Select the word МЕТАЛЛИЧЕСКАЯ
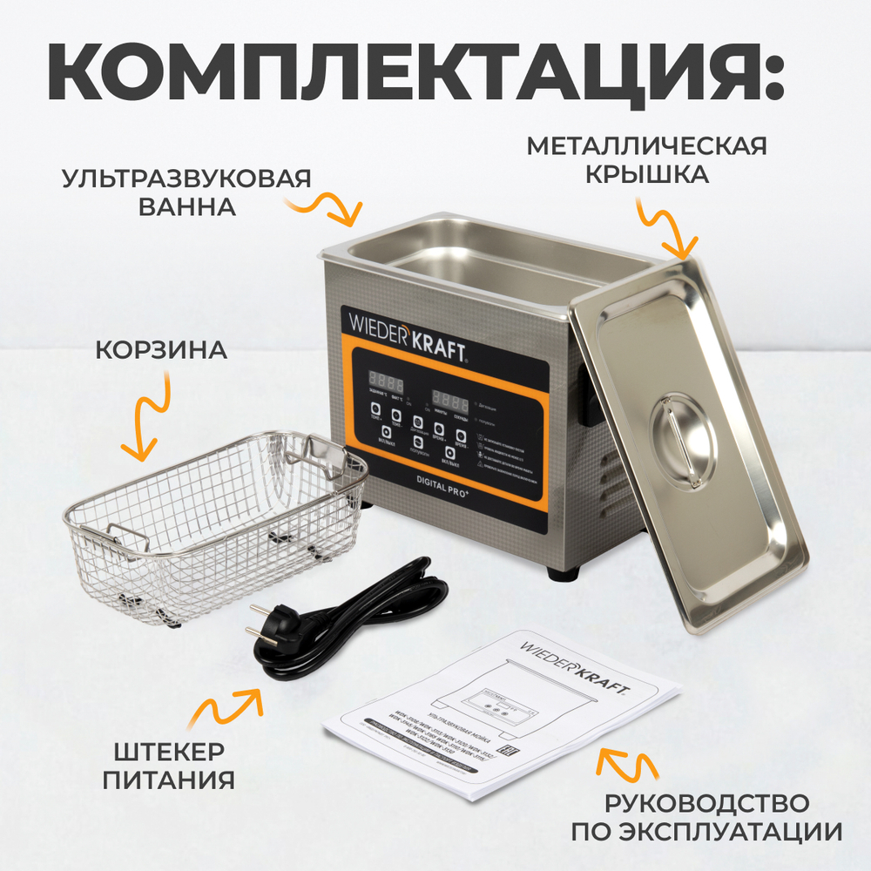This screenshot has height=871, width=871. point(646,145)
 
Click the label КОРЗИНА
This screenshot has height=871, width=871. point(161,350)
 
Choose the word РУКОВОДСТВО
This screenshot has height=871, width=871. point(706,801)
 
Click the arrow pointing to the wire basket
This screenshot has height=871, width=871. point(145,424)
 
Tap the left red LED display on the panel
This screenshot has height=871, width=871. point(385,381)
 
